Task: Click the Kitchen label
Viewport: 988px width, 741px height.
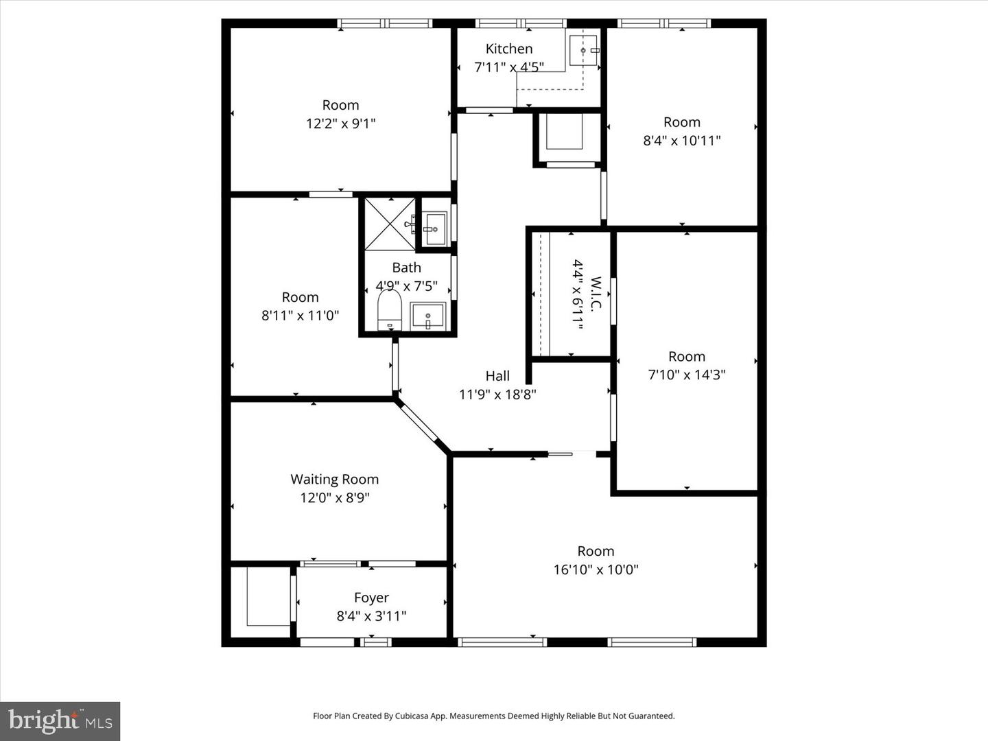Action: tap(508, 49)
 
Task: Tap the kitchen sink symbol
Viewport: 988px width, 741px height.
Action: tap(584, 51)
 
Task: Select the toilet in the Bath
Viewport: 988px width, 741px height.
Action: tap(389, 310)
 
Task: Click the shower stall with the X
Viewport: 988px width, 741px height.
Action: tap(389, 224)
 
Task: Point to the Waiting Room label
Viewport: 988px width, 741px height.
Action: tap(334, 480)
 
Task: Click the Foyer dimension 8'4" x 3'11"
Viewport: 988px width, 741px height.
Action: tap(371, 616)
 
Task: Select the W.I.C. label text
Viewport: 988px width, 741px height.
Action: tap(596, 294)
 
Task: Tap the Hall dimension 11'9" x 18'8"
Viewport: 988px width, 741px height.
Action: tap(497, 395)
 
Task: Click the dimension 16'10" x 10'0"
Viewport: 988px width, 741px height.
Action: tap(596, 569)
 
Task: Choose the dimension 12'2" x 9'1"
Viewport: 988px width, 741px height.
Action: tap(340, 123)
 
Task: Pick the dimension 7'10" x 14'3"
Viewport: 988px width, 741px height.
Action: tap(686, 375)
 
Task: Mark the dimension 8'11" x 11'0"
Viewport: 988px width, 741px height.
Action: tap(300, 316)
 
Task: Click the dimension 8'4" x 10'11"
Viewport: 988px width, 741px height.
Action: tap(681, 141)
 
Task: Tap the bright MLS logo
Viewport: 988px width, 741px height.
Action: tap(60, 721)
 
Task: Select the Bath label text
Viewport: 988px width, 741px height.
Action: tap(406, 268)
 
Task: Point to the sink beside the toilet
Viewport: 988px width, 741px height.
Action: tap(428, 316)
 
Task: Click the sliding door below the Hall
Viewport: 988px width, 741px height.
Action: tap(561, 454)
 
